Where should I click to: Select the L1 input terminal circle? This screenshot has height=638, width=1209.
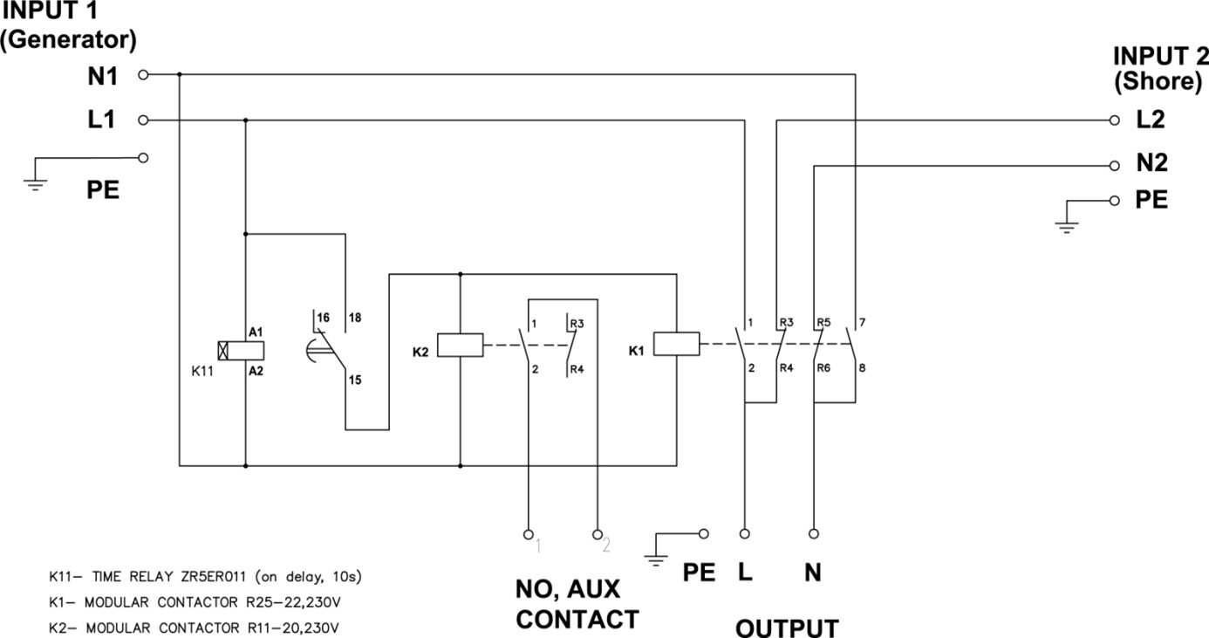[144, 120]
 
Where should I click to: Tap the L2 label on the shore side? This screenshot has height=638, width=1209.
[1151, 120]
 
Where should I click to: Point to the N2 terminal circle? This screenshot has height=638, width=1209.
[1114, 165]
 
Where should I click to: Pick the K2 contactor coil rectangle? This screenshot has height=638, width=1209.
[460, 345]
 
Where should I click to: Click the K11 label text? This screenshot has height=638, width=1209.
[202, 371]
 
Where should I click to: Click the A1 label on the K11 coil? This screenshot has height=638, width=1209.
[256, 333]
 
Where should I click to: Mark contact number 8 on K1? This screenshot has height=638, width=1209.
[861, 367]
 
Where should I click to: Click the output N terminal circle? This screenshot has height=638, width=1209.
[813, 532]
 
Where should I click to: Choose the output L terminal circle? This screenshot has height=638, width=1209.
[745, 532]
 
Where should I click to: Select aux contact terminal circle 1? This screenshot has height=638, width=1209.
[527, 532]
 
